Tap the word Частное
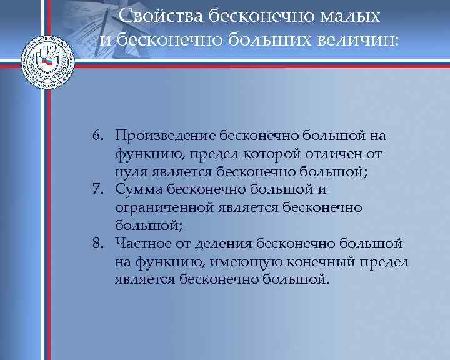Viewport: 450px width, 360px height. click(x=141, y=243)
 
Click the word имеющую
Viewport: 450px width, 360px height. click(x=240, y=261)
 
